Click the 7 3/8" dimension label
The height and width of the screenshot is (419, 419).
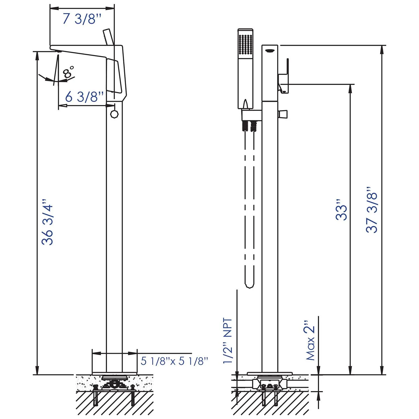(82, 19)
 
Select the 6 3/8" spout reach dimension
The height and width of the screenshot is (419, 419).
(85, 97)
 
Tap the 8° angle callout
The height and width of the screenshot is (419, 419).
(69, 72)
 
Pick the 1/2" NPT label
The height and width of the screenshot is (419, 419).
(228, 341)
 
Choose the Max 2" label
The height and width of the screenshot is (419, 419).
(310, 340)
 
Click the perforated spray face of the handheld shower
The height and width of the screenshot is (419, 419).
(246, 44)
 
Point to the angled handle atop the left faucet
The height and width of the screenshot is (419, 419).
(108, 36)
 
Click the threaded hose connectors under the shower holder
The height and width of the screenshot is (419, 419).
(249, 126)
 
